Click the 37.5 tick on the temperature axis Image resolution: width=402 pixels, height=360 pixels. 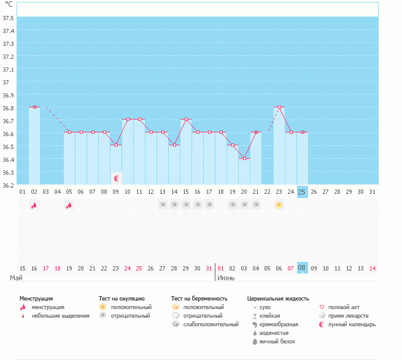tap(8, 17)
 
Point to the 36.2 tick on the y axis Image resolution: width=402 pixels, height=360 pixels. tap(8, 184)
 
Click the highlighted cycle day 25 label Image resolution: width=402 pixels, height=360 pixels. tap(302, 192)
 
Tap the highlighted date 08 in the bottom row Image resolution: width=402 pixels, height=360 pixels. tap(302, 268)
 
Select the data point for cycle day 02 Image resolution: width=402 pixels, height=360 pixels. tap(34, 107)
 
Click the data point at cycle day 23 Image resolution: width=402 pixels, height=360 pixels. tap(279, 107)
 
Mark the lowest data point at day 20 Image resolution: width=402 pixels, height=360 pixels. tap(244, 158)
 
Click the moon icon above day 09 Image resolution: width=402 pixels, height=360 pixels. tap(116, 178)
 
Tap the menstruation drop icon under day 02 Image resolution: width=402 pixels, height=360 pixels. tap(34, 205)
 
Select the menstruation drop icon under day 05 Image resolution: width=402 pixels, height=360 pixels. tap(69, 205)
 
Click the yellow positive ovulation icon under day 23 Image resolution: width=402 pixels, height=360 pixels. tap(279, 205)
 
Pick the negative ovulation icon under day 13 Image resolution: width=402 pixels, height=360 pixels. tap(163, 205)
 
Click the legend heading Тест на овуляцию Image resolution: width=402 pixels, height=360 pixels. tap(122, 298)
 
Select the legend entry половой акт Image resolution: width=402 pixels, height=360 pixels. tap(344, 307)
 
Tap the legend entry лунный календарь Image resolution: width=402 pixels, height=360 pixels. tap(352, 324)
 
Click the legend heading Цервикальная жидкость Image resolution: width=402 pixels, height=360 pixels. tap(278, 298)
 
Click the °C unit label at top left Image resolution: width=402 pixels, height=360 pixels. tap(9, 4)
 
